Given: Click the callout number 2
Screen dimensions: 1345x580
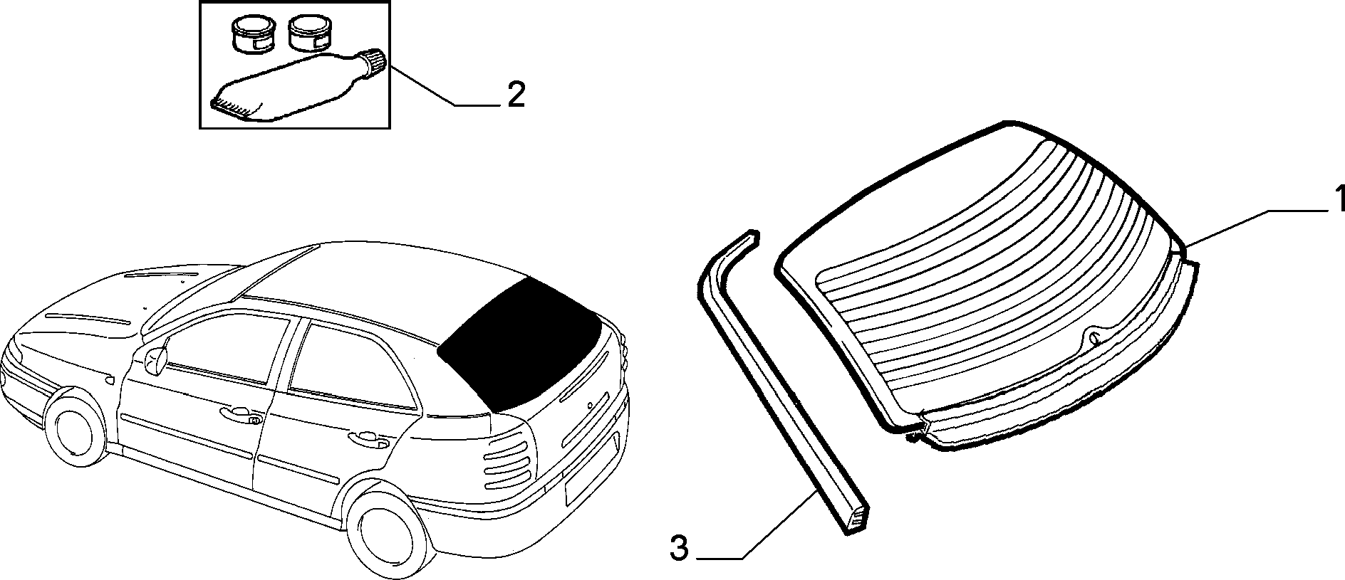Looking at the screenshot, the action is pyautogui.click(x=516, y=95).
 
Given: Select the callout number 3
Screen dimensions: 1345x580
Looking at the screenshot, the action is pyautogui.click(x=680, y=549).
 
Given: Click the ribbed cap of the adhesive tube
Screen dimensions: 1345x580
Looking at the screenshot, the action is pyautogui.click(x=375, y=61).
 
